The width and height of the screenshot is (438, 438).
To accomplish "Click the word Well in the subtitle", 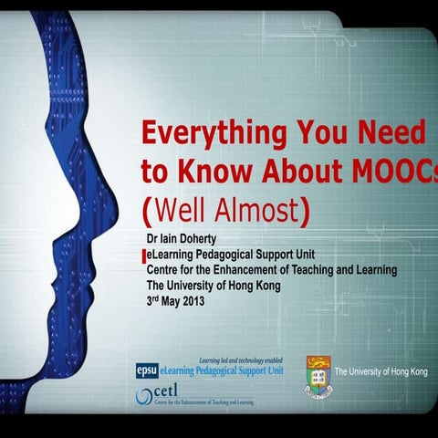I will pyautogui.click(x=182, y=211).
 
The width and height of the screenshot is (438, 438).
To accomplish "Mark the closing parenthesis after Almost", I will pyautogui.click(x=306, y=212).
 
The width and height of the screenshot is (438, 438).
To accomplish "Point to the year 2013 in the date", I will pyautogui.click(x=193, y=300).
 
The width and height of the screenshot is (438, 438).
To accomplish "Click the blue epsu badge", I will pyautogui.click(x=146, y=370).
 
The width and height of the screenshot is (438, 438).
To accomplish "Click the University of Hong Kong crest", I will pyautogui.click(x=318, y=376).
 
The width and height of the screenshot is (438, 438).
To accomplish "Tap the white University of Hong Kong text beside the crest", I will pyautogui.click(x=381, y=372).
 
